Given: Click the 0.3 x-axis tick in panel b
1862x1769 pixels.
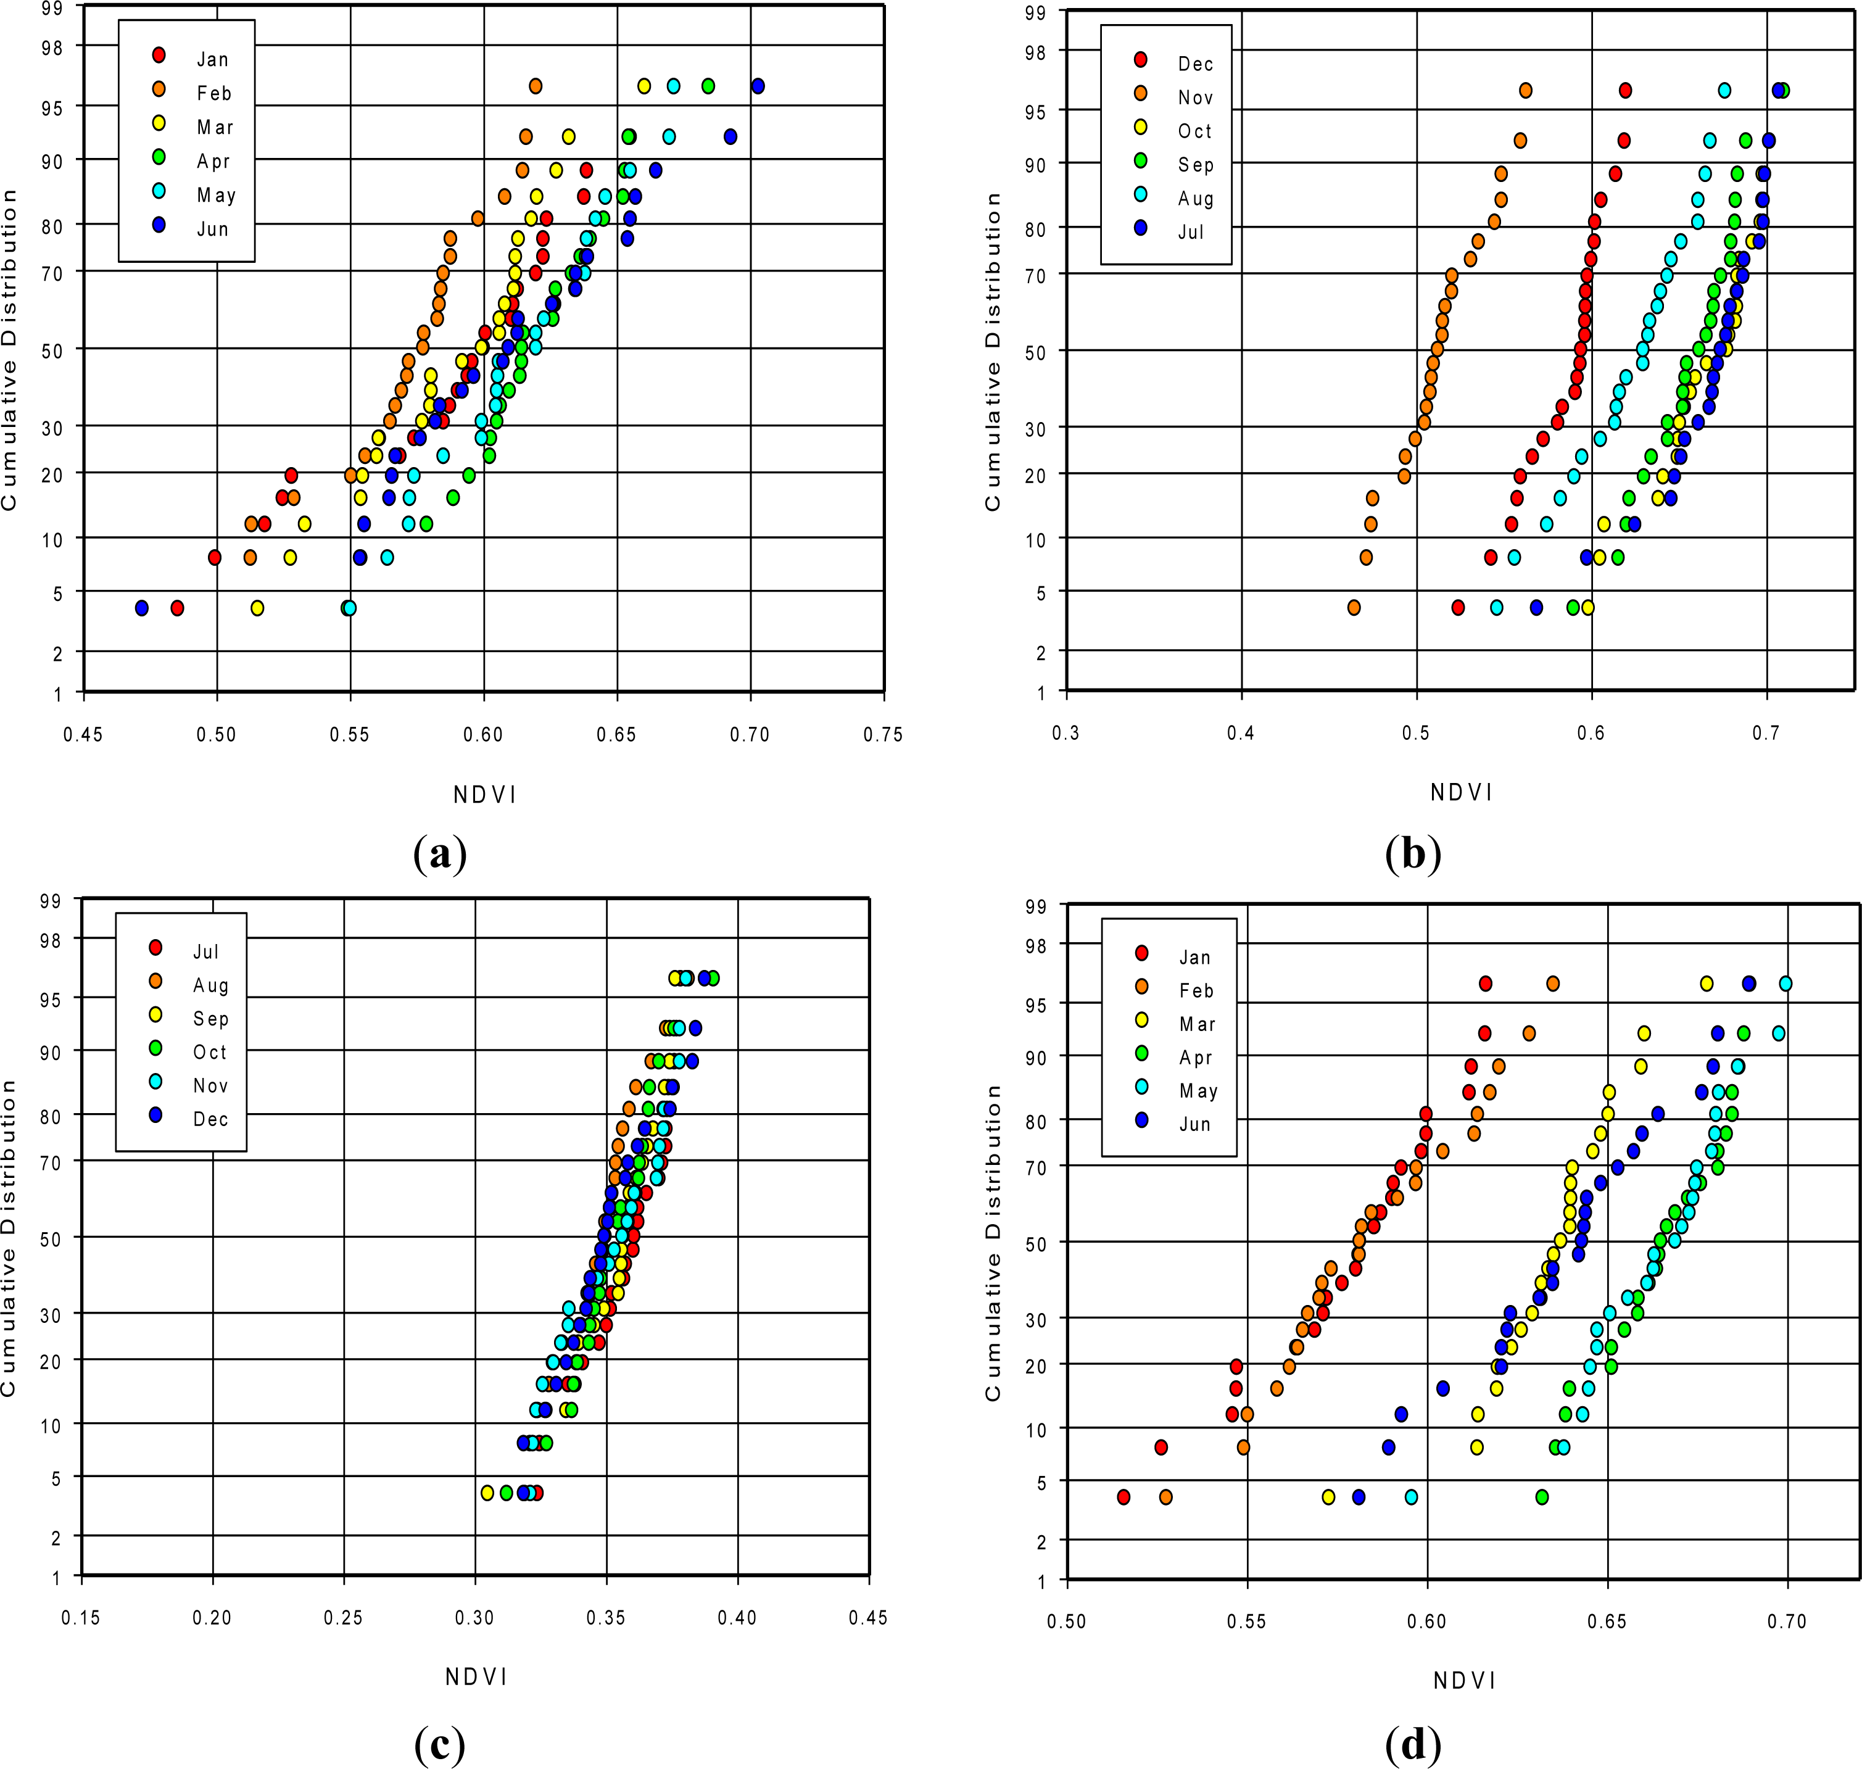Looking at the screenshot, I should pyautogui.click(x=1066, y=732).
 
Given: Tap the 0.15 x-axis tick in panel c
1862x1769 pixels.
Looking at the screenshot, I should pyautogui.click(x=81, y=1617).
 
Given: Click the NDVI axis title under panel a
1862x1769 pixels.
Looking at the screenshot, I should pyautogui.click(x=484, y=795).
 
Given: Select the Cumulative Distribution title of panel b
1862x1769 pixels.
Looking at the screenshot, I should pyautogui.click(x=992, y=352).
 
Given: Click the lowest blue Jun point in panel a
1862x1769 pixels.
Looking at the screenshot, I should pyautogui.click(x=141, y=608).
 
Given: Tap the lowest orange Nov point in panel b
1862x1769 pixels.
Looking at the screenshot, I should pyautogui.click(x=1354, y=607).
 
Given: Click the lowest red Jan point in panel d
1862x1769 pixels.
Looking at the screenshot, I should pyautogui.click(x=1123, y=1496).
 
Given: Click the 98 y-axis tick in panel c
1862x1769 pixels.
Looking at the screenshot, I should pyautogui.click(x=49, y=940).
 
